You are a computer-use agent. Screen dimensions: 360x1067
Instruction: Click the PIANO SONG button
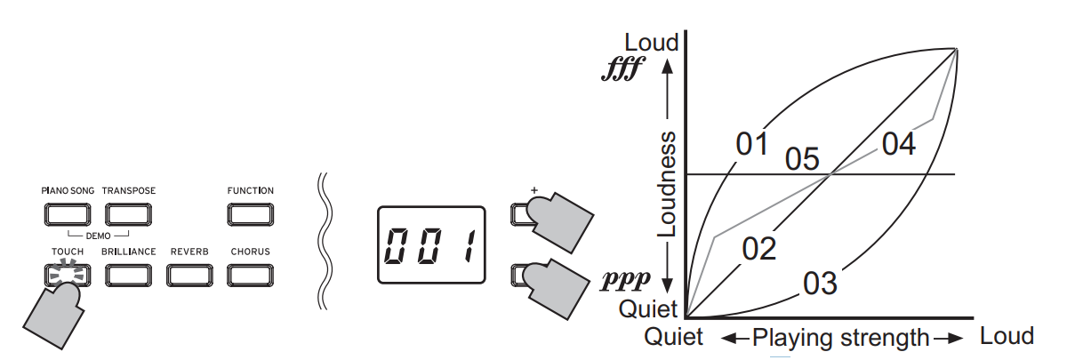pos(67,214)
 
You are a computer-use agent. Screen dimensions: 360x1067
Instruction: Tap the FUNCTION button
pos(250,214)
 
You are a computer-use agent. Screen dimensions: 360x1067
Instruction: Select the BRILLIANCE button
pos(128,275)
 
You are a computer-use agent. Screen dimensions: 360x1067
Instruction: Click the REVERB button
pos(189,275)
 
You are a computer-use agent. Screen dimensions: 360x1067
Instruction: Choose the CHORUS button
pos(250,275)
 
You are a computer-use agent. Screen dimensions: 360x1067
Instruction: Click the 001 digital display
pos(431,244)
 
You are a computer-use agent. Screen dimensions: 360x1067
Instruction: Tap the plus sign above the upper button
pos(534,189)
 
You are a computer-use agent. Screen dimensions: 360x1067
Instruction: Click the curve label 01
pos(751,144)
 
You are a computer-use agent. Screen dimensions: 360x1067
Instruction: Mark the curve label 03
pos(820,284)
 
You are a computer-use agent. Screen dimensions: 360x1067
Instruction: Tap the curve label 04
pos(899,143)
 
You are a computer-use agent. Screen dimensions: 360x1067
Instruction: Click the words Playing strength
pos(840,338)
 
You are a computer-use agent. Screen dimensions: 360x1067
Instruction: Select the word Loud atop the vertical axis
pos(651,42)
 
